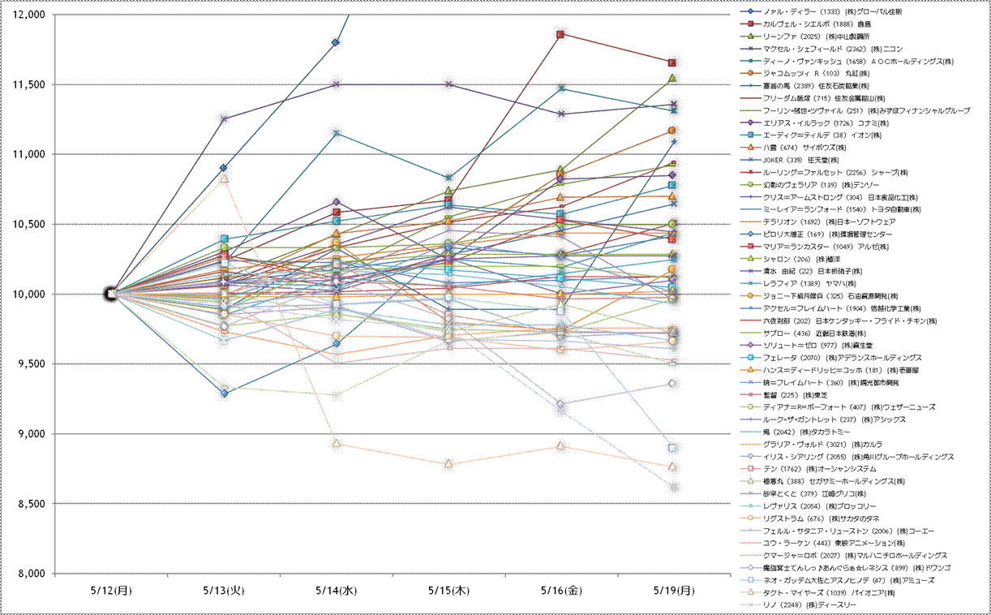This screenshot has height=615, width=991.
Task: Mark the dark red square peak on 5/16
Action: point(560,34)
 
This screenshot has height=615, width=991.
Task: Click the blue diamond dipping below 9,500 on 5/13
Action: point(224,394)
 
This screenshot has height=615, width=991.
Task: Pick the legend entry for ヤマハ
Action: point(827,283)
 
